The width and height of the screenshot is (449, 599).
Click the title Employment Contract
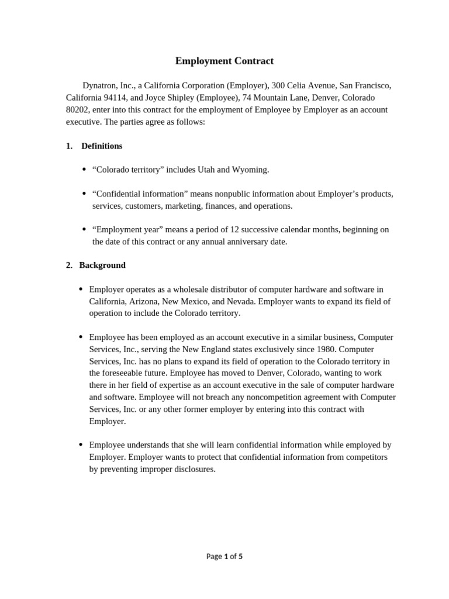pos(224,61)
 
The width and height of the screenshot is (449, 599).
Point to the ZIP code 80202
pos(78,109)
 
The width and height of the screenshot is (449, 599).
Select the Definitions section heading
pos(102,146)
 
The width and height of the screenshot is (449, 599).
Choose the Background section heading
pos(102,265)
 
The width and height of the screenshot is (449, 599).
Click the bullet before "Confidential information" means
pos(84,194)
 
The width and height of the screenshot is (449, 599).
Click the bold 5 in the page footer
pos(240,556)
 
